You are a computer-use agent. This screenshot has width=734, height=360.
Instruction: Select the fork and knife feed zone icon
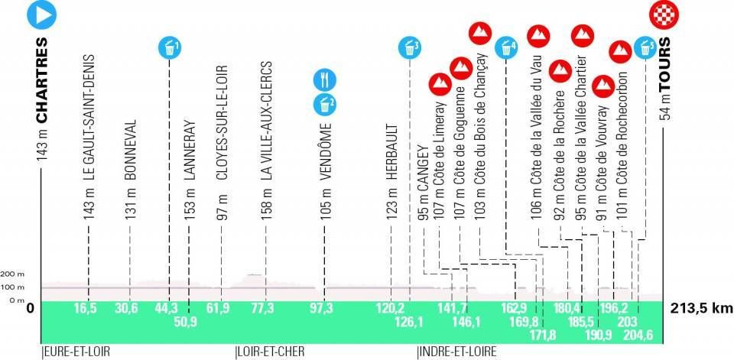[x=324, y=79]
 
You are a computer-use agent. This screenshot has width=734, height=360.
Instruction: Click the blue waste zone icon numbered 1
[x=170, y=48]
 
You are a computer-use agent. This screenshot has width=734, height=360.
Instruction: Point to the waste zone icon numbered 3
[x=410, y=48]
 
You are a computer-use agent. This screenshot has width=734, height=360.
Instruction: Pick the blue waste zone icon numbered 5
[x=646, y=48]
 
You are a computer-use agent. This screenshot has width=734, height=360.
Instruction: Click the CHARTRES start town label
[x=42, y=79]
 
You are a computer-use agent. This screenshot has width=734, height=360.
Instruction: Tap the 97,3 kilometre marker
[x=324, y=307]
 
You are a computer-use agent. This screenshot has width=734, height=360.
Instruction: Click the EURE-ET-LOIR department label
[x=77, y=352]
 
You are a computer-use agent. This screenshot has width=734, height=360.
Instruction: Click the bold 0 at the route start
[x=31, y=309]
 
